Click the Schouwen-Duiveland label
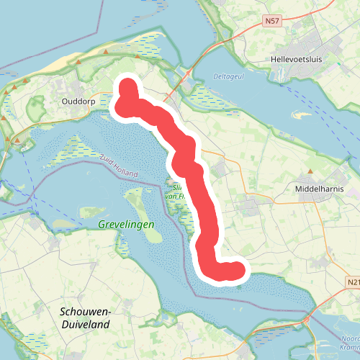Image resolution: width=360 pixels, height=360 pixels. point(85,318)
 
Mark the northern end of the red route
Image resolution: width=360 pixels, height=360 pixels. point(127,86)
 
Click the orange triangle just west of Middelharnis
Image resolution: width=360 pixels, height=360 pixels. point(310,171)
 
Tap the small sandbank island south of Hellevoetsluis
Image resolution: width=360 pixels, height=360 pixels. point(301,114)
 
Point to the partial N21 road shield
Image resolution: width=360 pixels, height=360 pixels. point(352,282)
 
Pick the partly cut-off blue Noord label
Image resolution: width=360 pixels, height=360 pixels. point(351,338)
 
